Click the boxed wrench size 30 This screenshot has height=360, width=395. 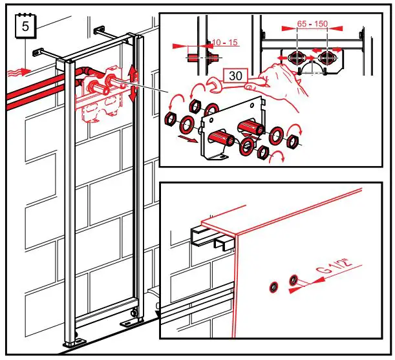tap(236, 76)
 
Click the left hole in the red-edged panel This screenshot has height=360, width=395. tap(273, 286)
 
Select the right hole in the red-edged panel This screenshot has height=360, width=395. tap(294, 280)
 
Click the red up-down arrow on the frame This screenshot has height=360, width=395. tap(133, 82)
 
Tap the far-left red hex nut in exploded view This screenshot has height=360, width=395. tap(172, 118)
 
